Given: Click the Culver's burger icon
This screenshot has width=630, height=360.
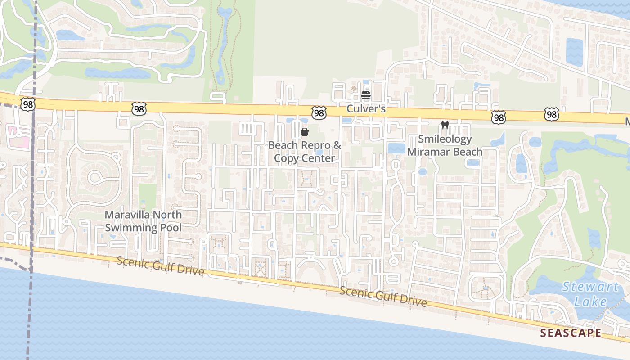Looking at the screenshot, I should pyautogui.click(x=365, y=95).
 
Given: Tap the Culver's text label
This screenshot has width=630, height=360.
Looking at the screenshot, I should pyautogui.click(x=366, y=109).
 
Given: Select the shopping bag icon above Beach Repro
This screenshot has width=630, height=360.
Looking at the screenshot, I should pyautogui.click(x=305, y=132).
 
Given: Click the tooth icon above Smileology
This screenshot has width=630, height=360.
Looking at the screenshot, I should pyautogui.click(x=445, y=126).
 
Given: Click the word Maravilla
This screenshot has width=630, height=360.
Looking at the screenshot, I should pyautogui.click(x=127, y=215).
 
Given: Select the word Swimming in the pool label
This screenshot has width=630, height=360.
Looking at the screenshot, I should pyautogui.click(x=129, y=227).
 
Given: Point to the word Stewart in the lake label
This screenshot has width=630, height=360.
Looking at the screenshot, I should pyautogui.click(x=590, y=287).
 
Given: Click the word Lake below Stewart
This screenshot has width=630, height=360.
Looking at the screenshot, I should pyautogui.click(x=590, y=301).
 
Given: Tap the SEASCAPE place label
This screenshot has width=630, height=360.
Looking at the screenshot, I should pyautogui.click(x=571, y=333).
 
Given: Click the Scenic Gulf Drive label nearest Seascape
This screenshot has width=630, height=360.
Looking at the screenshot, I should pyautogui.click(x=383, y=297).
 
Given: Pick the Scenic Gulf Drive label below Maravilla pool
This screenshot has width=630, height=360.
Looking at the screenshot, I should pyautogui.click(x=160, y=266).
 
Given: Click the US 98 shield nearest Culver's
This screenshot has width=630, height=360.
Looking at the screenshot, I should pyautogui.click(x=319, y=113).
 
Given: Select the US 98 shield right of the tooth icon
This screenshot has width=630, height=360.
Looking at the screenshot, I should pyautogui.click(x=499, y=117).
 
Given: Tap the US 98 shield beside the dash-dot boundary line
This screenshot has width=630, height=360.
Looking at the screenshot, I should pyautogui.click(x=27, y=104).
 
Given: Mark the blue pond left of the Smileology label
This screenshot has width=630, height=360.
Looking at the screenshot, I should pyautogui.click(x=396, y=148).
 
